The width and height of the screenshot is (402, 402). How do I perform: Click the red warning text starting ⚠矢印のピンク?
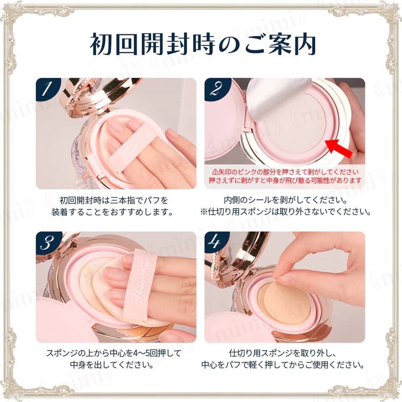coord(285,172)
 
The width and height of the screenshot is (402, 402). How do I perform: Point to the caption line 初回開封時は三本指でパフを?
coord(116,200)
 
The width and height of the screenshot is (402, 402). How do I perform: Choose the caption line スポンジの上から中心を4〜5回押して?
coord(116,354)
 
